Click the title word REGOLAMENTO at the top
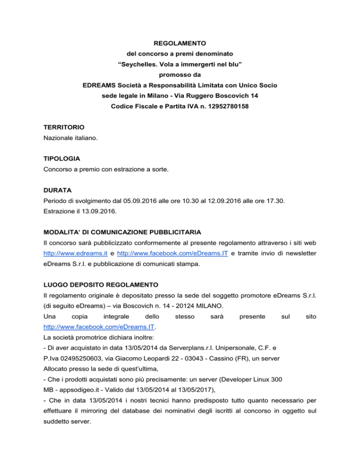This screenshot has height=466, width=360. (x=180, y=43)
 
